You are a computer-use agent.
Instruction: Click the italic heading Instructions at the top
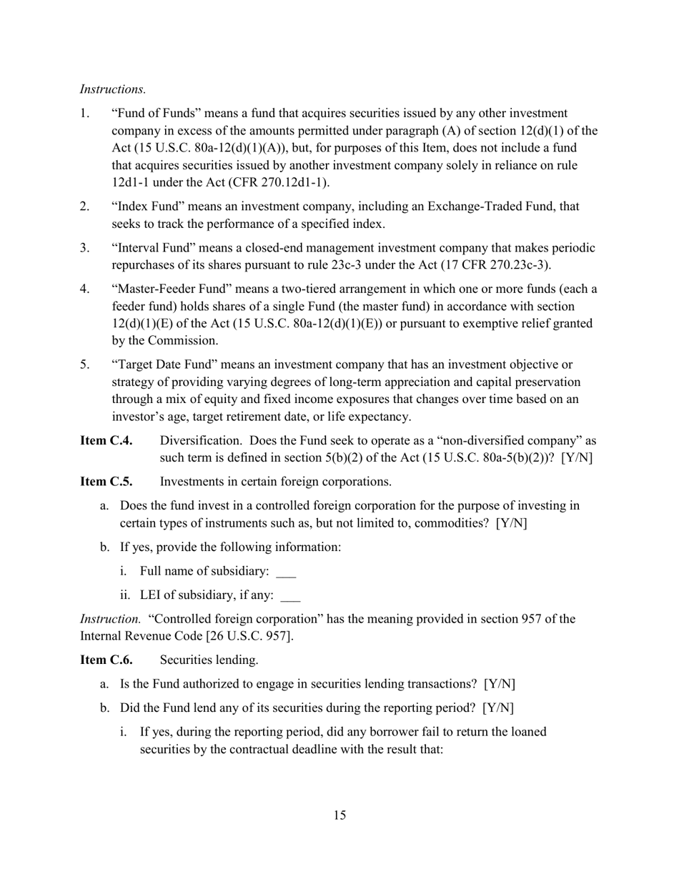click(x=113, y=89)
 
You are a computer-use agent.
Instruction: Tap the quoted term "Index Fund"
click(x=145, y=207)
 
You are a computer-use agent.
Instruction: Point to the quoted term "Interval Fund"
click(x=152, y=248)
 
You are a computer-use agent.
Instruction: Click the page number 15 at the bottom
click(x=339, y=815)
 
